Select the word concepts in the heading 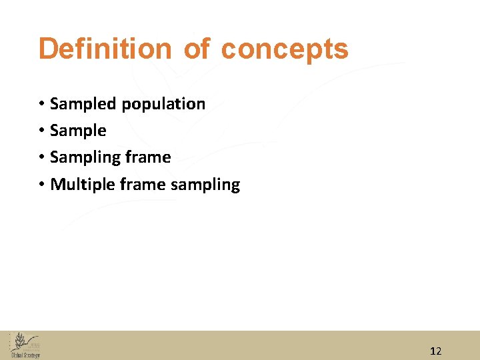(x=285, y=49)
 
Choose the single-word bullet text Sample (x=78, y=131)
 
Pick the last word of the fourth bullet (x=205, y=185)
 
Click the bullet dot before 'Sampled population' (x=41, y=104)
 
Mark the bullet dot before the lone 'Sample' (x=41, y=131)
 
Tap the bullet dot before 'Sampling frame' (x=41, y=157)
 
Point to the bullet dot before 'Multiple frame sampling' (x=41, y=184)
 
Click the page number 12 (x=436, y=351)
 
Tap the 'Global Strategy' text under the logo (x=25, y=355)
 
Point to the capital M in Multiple (x=57, y=184)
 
